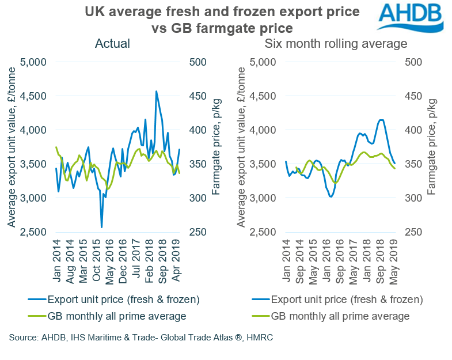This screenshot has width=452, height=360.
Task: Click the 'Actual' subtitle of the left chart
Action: [113, 44]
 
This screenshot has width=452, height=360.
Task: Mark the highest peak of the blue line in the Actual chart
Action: [156, 91]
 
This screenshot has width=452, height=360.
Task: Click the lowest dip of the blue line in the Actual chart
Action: [102, 227]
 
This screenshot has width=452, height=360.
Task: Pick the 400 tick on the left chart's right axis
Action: [197, 130]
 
